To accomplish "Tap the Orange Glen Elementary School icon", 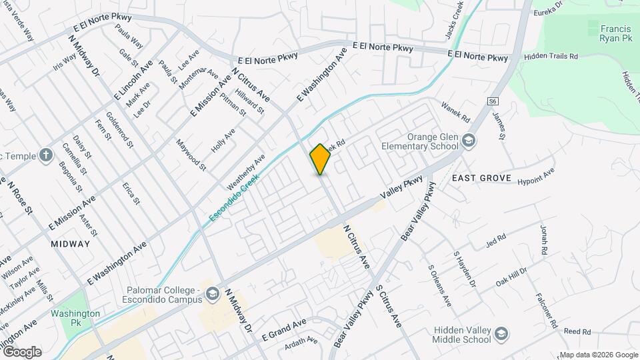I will (469, 139).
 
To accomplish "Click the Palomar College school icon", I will (211, 294).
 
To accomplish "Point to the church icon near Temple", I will (46, 156).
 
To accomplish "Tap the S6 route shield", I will (493, 101).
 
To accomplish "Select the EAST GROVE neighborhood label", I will (481, 179).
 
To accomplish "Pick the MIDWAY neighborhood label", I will (69, 244).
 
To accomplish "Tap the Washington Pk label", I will (75, 318).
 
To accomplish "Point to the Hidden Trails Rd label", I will (550, 57).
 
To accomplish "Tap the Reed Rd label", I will (577, 331).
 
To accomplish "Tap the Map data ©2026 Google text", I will (598, 355).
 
